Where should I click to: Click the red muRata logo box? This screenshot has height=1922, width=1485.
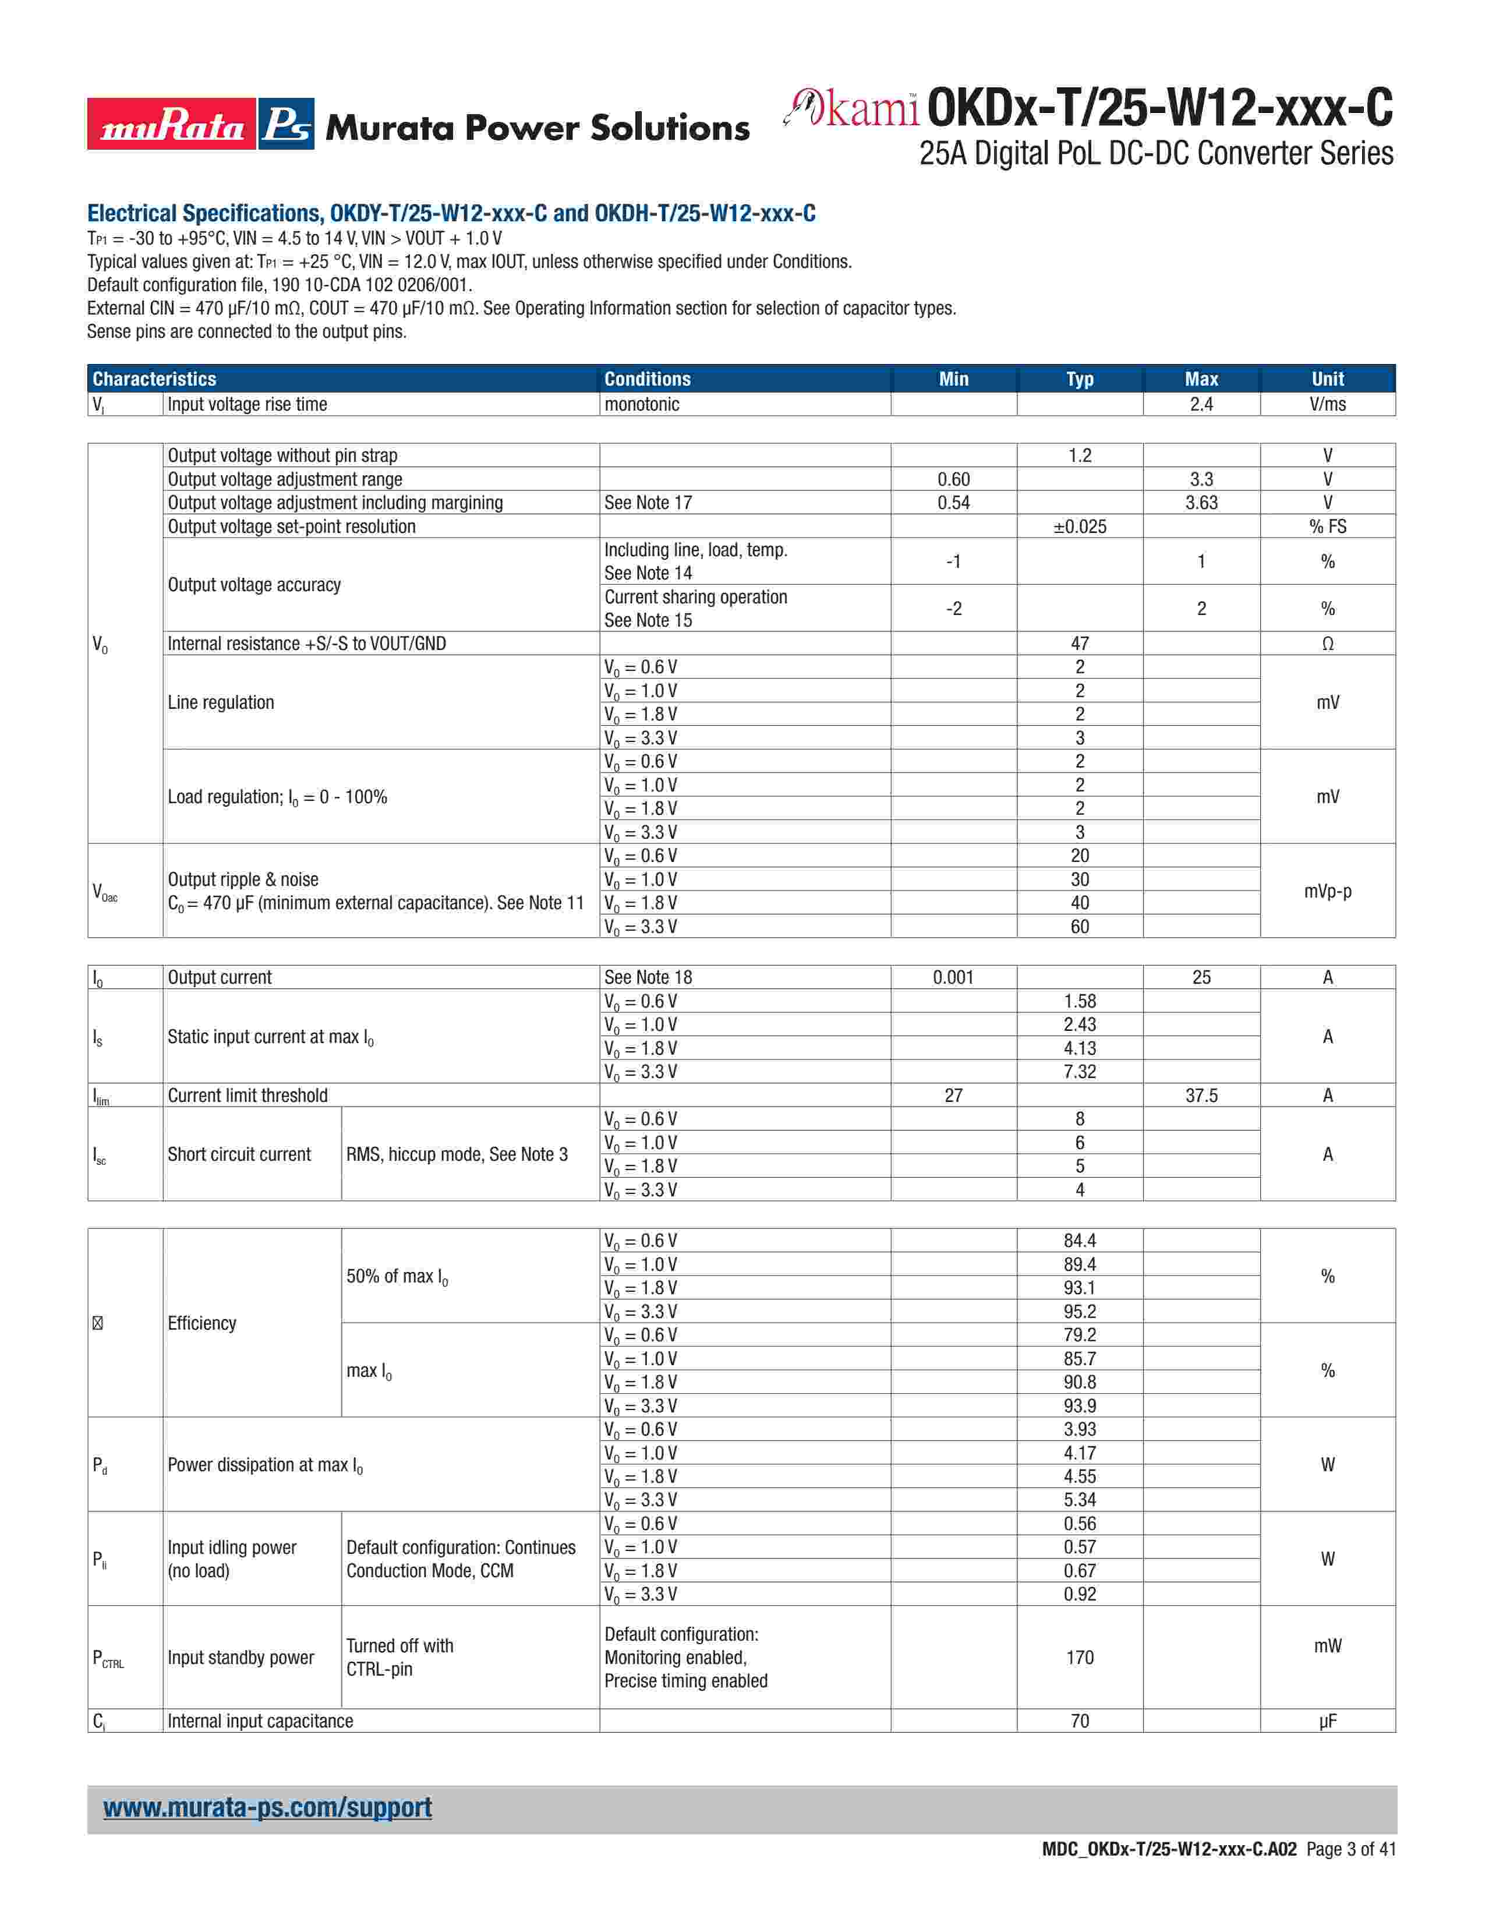[x=172, y=124]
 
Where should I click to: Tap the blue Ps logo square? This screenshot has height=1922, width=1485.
[x=287, y=124]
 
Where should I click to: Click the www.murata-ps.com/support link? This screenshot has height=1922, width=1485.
[x=267, y=1808]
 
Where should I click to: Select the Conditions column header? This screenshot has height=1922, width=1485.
[x=648, y=379]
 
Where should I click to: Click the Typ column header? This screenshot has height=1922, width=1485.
[x=1080, y=379]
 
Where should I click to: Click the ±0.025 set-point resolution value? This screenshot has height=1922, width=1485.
[x=1080, y=527]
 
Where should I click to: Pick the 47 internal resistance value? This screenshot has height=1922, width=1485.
[x=1080, y=644]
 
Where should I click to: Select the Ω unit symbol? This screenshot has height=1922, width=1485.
[x=1328, y=644]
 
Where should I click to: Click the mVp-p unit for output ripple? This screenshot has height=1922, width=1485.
[x=1328, y=891]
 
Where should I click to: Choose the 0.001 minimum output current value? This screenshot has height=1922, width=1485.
[x=954, y=977]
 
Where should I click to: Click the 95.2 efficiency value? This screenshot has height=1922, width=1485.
[x=1080, y=1311]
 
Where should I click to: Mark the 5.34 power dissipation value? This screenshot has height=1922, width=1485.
[x=1080, y=1500]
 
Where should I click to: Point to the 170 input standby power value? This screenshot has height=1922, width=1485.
[x=1080, y=1657]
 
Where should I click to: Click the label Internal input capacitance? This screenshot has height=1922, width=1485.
[x=260, y=1720]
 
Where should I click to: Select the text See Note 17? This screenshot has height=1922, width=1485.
[x=648, y=503]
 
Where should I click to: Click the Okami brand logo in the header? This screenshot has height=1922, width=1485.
[x=851, y=108]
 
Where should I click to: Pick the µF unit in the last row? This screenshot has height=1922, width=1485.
[x=1328, y=1720]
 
